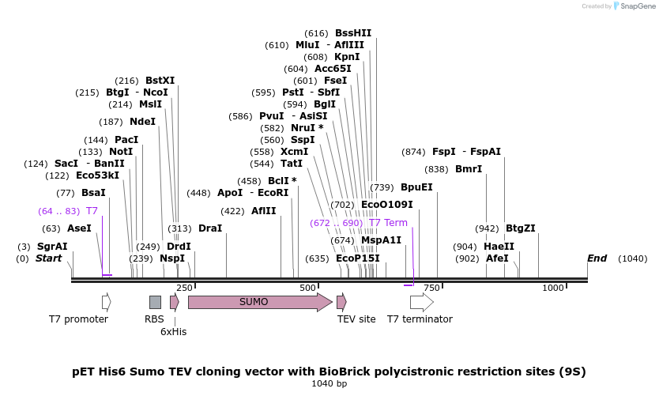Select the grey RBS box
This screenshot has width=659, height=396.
click(x=155, y=302)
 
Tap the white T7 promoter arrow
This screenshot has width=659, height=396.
click(x=107, y=302)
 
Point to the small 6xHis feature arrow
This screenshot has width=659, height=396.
click(x=175, y=302)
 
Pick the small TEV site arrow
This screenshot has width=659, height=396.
click(x=341, y=302)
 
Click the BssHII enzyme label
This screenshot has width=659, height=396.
click(x=353, y=33)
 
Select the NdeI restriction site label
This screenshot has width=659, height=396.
click(x=143, y=122)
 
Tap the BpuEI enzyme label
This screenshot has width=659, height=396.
click(x=416, y=187)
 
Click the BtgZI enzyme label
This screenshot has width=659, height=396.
click(x=521, y=228)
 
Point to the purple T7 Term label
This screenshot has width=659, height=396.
click(x=388, y=223)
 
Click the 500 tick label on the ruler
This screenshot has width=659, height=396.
click(x=308, y=288)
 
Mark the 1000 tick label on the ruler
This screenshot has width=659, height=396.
click(x=552, y=288)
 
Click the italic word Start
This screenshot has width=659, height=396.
click(x=48, y=258)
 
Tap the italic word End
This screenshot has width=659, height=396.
click(x=597, y=258)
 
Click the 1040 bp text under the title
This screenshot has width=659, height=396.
click(x=329, y=383)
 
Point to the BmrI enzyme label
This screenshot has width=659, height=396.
click(x=469, y=169)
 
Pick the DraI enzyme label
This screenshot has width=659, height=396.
click(x=210, y=228)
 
